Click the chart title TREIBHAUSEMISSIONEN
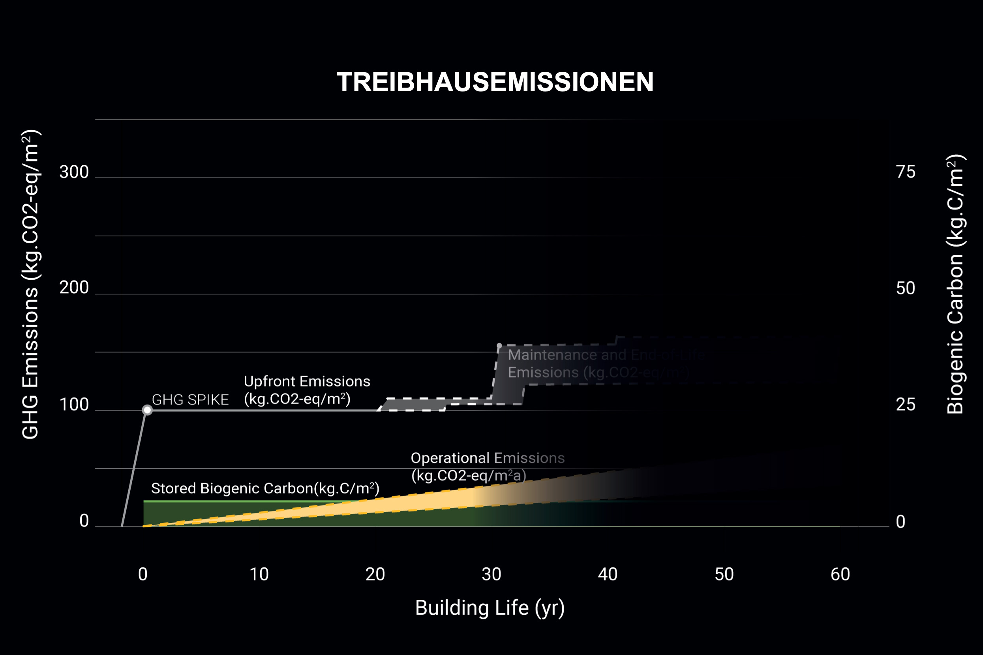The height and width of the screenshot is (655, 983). point(495,82)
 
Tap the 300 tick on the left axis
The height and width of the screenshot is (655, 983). point(74,172)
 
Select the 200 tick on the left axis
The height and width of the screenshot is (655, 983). point(74,288)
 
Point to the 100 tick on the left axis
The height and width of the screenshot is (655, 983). point(74,405)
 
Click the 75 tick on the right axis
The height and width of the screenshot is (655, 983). point(905,172)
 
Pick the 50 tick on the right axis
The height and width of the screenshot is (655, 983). point(905,288)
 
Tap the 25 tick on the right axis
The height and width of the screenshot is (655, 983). point(905,405)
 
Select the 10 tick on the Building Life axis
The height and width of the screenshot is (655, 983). point(259,575)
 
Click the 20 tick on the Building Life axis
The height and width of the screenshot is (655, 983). point(375,575)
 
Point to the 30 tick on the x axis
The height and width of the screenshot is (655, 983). point(491,575)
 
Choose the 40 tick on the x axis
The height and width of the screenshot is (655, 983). point(607,575)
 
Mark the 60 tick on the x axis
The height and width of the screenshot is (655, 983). point(840,575)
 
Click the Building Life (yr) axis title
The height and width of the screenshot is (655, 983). point(490,608)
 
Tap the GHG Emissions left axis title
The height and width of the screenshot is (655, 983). point(30,284)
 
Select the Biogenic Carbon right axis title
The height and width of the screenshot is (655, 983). point(955,284)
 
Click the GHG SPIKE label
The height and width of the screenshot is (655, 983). point(190,400)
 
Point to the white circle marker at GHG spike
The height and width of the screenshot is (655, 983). point(147,410)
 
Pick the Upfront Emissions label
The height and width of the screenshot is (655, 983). point(307,390)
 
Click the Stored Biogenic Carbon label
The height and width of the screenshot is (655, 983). point(265,488)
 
